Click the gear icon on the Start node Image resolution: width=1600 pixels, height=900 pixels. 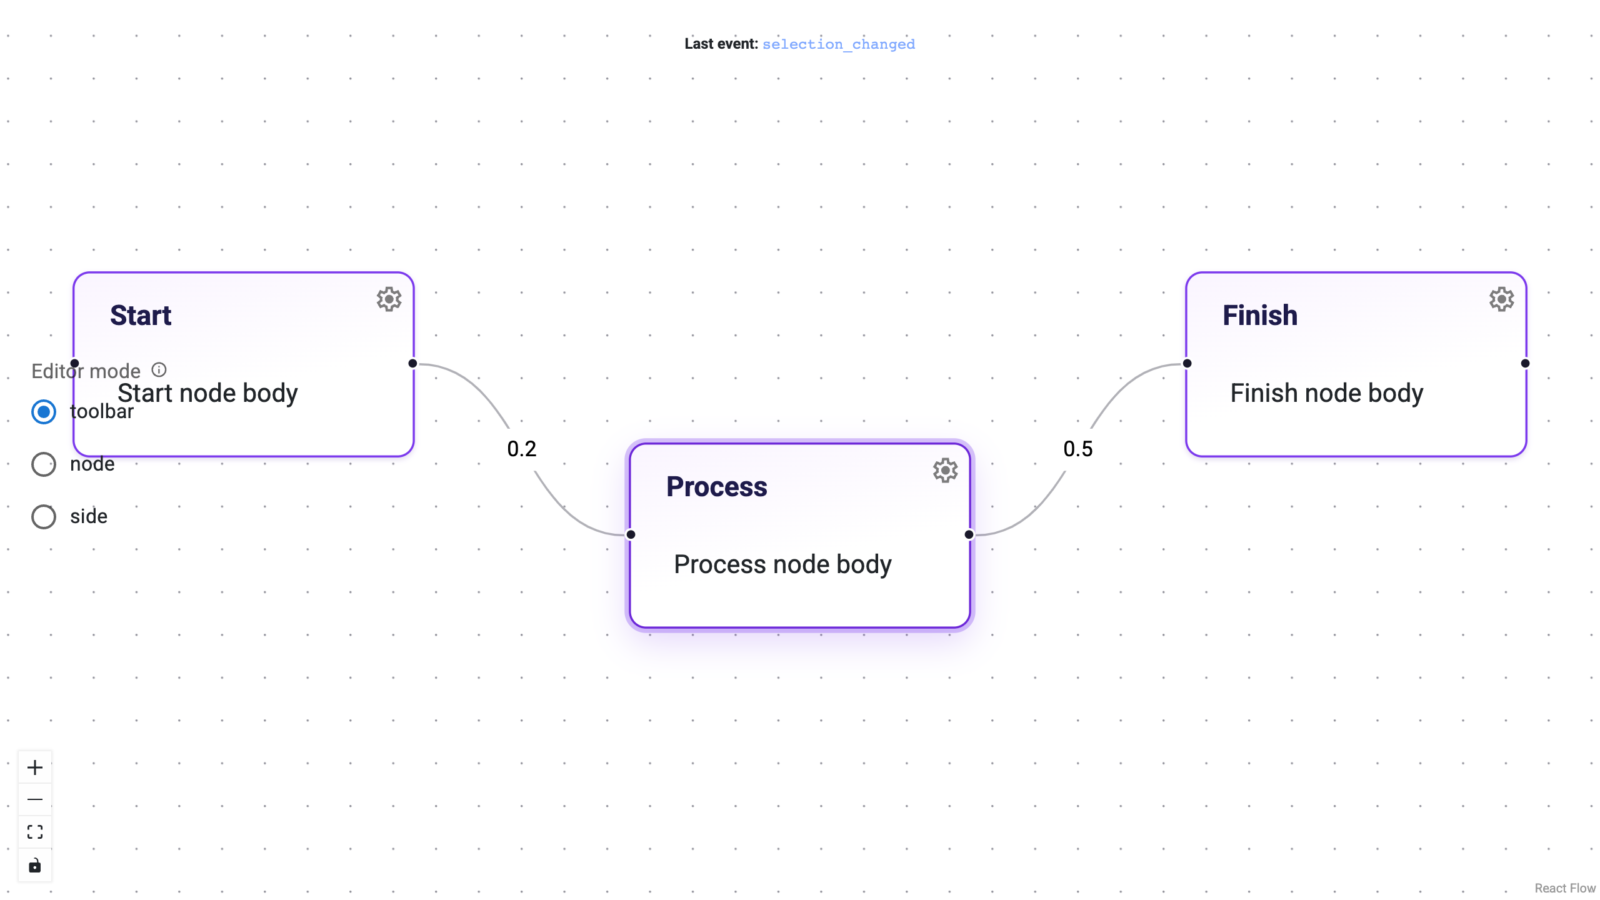(x=389, y=299)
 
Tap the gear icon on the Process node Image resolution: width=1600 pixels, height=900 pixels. (x=945, y=471)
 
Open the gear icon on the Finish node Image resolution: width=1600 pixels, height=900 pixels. (x=1501, y=299)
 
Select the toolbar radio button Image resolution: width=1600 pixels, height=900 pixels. (x=44, y=412)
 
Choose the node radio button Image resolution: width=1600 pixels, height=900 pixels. (x=44, y=464)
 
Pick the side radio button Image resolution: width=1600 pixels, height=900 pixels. (x=44, y=517)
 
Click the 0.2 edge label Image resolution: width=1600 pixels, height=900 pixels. (x=522, y=449)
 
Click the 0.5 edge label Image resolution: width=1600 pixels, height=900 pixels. (x=1078, y=449)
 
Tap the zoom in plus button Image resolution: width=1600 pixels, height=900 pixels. (x=35, y=767)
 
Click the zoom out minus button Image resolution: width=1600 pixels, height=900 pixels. (x=35, y=799)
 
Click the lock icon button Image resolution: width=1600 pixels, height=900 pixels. (x=35, y=866)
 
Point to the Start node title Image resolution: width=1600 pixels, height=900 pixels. (x=141, y=316)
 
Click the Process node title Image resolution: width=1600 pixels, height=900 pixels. (x=716, y=487)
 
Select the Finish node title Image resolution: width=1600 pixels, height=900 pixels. (x=1260, y=316)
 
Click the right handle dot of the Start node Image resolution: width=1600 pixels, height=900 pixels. (x=412, y=363)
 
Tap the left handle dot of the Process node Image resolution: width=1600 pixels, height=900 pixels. (x=631, y=534)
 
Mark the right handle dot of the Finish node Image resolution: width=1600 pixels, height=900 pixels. (x=1525, y=363)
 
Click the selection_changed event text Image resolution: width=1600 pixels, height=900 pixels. (x=838, y=44)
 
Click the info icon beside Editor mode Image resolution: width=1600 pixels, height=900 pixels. (x=159, y=370)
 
